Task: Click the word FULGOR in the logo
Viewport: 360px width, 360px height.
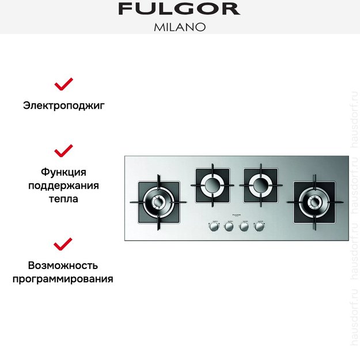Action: [179, 9]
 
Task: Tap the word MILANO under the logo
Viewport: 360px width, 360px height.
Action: [180, 26]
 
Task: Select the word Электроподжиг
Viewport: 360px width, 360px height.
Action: [63, 105]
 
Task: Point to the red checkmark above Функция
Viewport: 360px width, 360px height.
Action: [63, 150]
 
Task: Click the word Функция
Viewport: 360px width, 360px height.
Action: [63, 172]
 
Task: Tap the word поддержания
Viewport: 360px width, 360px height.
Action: [63, 185]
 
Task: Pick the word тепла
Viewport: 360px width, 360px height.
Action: [63, 199]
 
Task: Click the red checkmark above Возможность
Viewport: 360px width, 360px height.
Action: [63, 244]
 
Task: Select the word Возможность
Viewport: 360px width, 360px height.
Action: [63, 266]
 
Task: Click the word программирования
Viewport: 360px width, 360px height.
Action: [63, 279]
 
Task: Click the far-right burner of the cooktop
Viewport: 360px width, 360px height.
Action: [315, 202]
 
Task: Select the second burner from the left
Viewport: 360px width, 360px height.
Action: [212, 185]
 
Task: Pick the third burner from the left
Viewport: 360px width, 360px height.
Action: [261, 185]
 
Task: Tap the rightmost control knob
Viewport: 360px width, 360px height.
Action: [259, 227]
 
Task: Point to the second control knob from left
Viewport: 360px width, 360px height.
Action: [229, 227]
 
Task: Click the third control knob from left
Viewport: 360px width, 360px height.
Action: [244, 227]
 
